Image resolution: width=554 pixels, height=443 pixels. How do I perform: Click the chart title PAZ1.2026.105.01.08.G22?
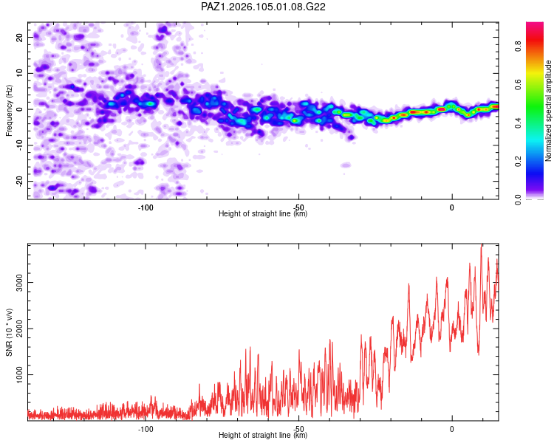click(263, 7)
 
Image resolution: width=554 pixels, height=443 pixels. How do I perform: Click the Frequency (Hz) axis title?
click(9, 111)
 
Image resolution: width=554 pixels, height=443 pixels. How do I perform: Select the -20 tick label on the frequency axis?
click(19, 181)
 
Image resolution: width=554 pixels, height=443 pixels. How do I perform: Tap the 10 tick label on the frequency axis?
click(19, 73)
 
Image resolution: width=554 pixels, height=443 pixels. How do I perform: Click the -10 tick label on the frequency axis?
click(19, 145)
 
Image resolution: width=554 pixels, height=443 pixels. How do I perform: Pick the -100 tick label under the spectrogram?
click(146, 207)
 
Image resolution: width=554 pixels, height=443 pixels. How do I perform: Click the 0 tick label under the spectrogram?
click(452, 207)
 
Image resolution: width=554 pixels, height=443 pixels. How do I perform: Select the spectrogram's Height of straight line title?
click(263, 213)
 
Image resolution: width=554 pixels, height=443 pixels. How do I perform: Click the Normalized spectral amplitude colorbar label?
click(548, 111)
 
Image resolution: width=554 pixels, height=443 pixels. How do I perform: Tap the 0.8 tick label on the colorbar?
click(518, 47)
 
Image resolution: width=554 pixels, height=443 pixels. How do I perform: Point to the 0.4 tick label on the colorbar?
click(518, 123)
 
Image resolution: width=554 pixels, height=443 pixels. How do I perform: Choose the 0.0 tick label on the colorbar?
click(518, 200)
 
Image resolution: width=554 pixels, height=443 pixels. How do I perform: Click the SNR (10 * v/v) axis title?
click(9, 332)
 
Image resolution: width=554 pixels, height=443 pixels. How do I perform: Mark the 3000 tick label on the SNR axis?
click(19, 283)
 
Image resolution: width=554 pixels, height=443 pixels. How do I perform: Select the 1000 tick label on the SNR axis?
click(19, 375)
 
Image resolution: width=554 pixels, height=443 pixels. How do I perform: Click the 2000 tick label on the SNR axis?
click(19, 329)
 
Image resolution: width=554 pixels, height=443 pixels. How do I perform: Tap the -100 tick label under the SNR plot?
click(146, 429)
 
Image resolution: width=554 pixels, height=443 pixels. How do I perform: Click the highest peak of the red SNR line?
click(481, 245)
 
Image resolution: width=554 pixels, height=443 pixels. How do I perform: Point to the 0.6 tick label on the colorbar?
click(518, 85)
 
